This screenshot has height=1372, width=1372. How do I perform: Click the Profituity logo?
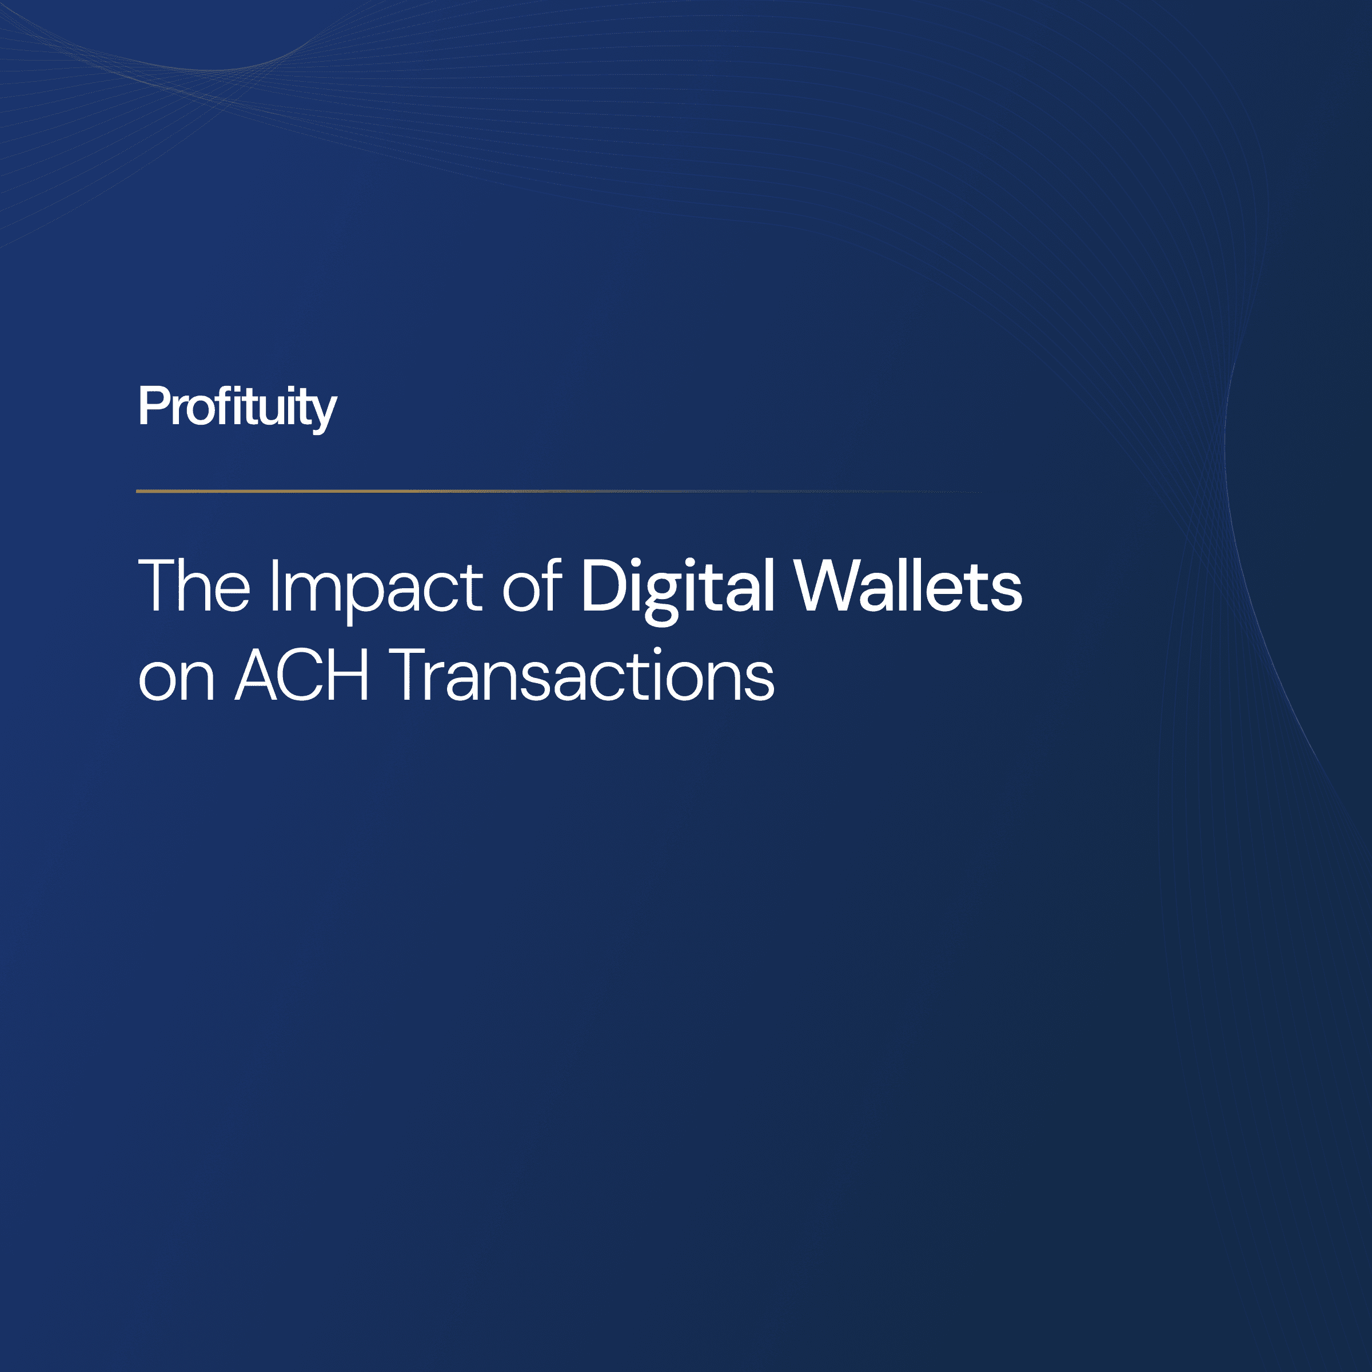point(237,407)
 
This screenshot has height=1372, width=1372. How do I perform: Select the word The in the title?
point(194,586)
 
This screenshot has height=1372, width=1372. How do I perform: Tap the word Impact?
point(376,587)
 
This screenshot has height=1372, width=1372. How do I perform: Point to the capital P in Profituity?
point(152,406)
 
